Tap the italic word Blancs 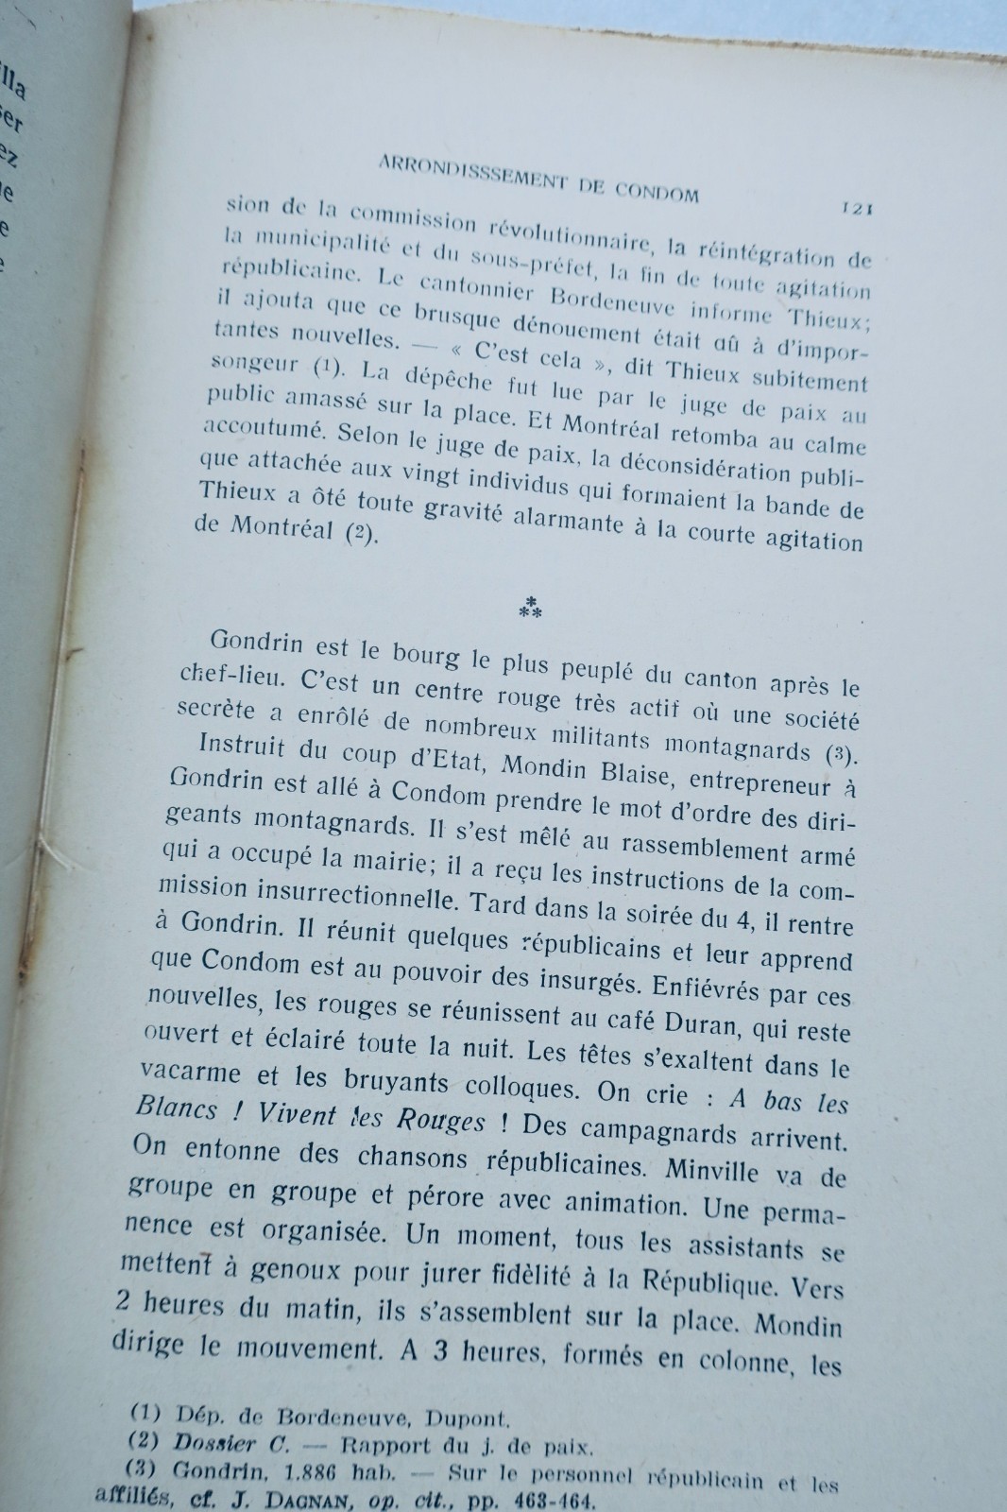point(175,1108)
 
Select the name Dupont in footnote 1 point(470,1418)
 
